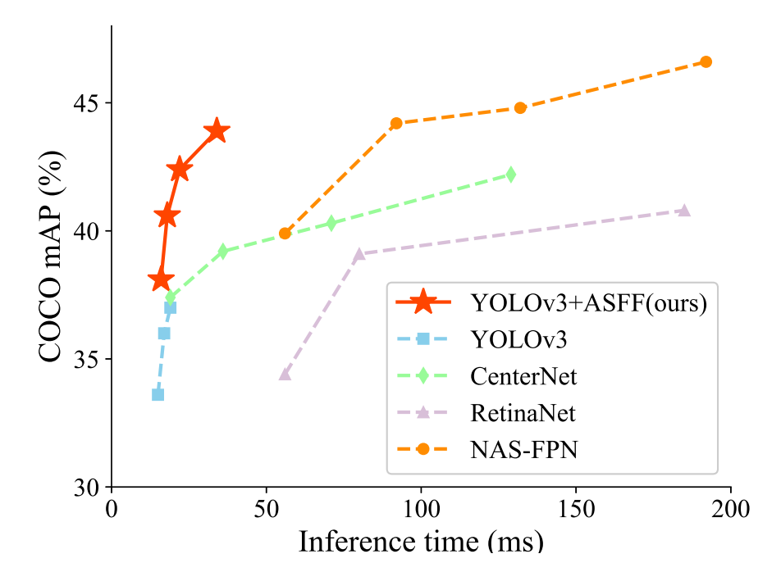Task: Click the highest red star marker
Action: click(217, 130)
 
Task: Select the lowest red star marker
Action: click(161, 279)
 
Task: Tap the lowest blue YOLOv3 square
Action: click(158, 394)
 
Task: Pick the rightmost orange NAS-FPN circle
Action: click(706, 61)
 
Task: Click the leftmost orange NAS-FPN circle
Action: click(285, 234)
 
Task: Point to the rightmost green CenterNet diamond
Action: click(510, 175)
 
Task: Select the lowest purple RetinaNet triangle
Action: click(285, 375)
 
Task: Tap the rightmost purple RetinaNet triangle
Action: click(684, 211)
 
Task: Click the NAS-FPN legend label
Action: click(525, 450)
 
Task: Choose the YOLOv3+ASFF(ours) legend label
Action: click(588, 302)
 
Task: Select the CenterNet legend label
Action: click(523, 376)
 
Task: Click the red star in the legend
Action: click(423, 302)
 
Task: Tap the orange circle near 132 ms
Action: click(520, 107)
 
